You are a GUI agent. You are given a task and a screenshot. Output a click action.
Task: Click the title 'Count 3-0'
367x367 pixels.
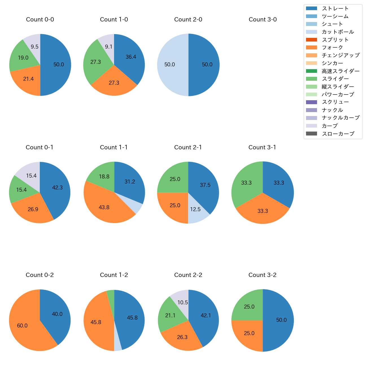[263, 19]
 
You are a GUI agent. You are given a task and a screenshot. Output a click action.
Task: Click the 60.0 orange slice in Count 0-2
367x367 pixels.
[24, 325]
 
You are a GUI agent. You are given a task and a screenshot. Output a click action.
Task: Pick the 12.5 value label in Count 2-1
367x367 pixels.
[195, 209]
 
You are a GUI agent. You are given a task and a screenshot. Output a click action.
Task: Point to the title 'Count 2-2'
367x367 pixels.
[188, 275]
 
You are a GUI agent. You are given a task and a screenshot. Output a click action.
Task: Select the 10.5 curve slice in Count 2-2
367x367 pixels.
[181, 301]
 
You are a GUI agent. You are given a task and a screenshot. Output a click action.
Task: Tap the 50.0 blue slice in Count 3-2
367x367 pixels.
[279, 320]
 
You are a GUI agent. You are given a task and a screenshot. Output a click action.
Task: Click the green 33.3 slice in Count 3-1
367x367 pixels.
[246, 183]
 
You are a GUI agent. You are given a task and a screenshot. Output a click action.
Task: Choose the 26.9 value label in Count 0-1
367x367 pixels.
[33, 209]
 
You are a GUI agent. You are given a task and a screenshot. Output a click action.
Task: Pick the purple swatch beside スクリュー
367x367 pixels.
[311, 102]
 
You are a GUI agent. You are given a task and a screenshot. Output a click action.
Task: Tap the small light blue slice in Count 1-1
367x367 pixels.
[137, 206]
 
